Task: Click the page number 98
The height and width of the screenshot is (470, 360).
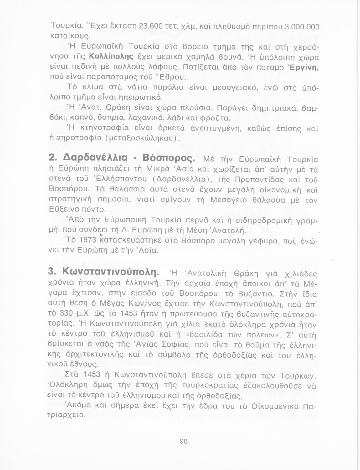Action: pos(183,441)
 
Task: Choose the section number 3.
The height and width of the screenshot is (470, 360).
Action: pos(50,271)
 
